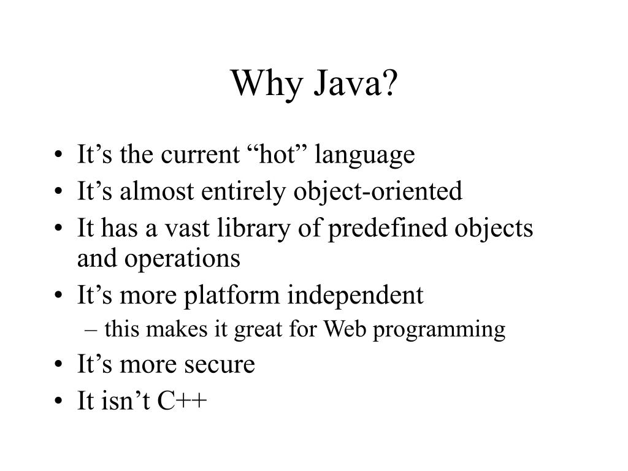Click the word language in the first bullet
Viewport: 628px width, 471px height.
tap(365, 156)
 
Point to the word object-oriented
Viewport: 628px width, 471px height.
tap(378, 192)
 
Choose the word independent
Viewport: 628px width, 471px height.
tap(356, 296)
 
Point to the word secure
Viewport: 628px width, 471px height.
tap(219, 365)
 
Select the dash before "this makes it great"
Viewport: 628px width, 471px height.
tap(92, 330)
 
